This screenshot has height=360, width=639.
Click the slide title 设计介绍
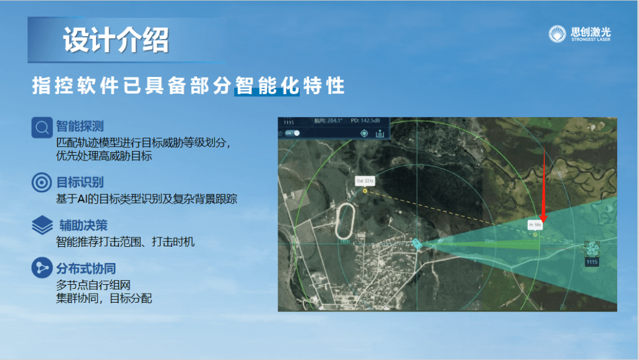[116, 40]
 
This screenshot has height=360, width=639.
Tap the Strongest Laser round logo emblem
[557, 34]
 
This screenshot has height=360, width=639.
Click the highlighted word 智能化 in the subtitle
[268, 86]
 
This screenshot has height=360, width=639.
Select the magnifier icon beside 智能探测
[42, 127]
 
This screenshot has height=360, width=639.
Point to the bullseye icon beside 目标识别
[42, 183]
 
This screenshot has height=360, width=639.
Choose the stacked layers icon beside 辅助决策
[42, 226]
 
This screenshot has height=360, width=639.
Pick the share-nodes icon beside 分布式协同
[42, 268]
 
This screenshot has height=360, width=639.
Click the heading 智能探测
[80, 126]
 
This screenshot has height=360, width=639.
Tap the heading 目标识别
[80, 182]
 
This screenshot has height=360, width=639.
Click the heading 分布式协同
[86, 269]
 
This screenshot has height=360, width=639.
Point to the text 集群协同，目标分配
[104, 298]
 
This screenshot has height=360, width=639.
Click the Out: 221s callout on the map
[364, 180]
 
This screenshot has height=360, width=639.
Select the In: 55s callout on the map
[535, 225]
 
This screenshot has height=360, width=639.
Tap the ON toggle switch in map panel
[292, 133]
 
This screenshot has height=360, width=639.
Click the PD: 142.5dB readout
[365, 121]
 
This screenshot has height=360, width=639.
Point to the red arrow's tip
[544, 218]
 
